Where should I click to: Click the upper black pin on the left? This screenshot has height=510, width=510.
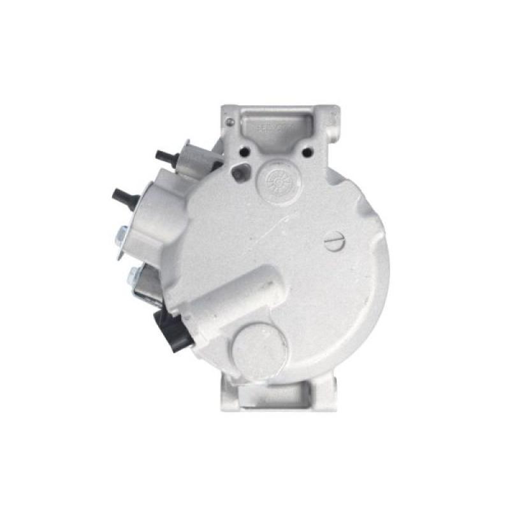click(165, 155)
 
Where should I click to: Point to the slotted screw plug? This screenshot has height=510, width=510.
click(334, 242)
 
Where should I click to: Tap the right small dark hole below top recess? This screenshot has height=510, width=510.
click(308, 152)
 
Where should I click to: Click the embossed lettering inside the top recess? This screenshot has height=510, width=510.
click(274, 128)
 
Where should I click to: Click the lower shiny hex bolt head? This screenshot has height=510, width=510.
click(133, 276)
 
